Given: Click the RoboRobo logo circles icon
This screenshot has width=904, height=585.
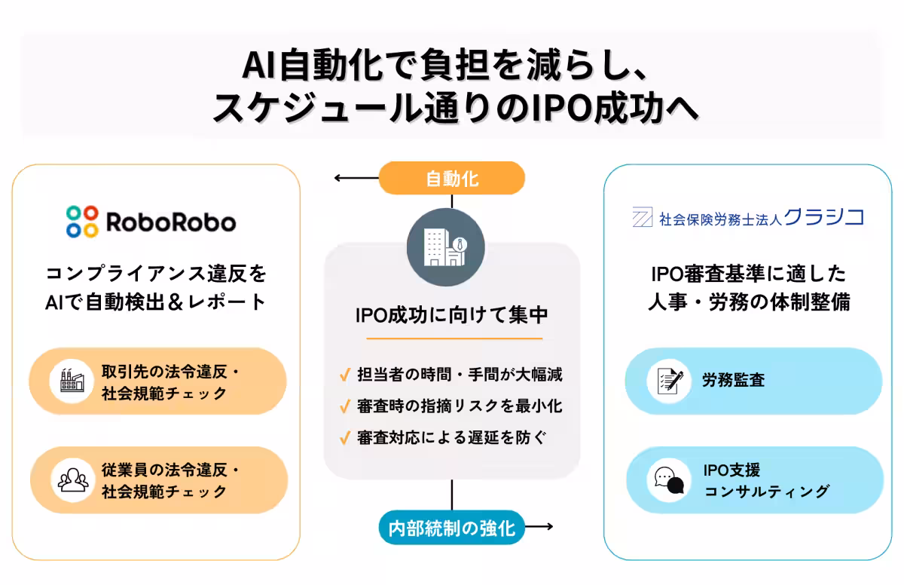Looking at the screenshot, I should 82,222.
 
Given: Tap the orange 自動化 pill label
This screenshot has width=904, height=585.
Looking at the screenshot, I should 452,179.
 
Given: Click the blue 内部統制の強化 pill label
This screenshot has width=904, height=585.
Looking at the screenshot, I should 452,527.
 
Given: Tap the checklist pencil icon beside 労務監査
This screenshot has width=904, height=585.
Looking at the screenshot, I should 670,381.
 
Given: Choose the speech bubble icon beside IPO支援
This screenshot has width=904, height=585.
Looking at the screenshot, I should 670,480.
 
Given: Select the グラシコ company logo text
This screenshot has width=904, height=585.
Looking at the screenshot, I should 823,218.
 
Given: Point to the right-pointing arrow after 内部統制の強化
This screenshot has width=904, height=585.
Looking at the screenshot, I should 540,527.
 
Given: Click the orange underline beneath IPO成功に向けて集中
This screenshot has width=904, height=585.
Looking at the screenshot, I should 451,339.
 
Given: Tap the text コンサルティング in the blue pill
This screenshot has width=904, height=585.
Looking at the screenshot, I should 766,492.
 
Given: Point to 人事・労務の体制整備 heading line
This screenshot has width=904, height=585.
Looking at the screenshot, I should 749,302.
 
